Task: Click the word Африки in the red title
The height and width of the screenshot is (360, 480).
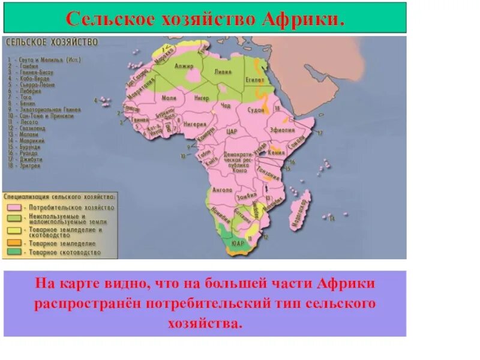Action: point(305,19)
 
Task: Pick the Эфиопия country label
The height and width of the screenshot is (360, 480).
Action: point(281,129)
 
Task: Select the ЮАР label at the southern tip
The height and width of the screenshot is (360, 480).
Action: point(237,243)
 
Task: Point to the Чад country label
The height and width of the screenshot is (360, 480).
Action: point(226,106)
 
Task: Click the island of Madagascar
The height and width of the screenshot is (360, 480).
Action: point(301,207)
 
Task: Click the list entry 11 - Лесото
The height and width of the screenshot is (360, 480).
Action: point(23,121)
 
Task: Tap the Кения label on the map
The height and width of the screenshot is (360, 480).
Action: point(277,152)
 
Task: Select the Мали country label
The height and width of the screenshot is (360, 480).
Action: point(169,97)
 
